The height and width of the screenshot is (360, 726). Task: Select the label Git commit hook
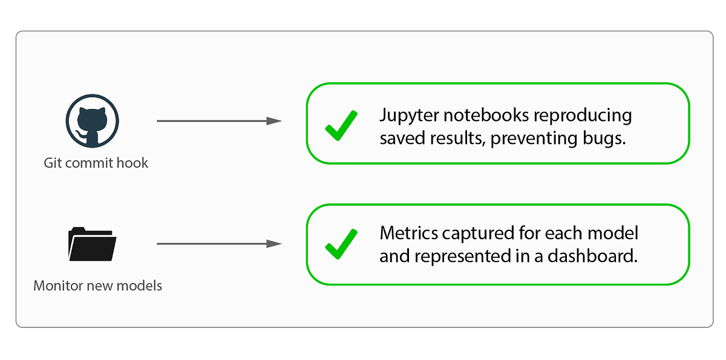(x=96, y=162)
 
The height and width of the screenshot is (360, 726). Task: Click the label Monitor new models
(x=97, y=285)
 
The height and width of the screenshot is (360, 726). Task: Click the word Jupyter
(x=406, y=115)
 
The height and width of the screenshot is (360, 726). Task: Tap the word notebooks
(x=483, y=115)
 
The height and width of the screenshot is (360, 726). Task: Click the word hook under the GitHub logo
(x=134, y=162)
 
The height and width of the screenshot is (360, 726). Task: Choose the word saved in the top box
(x=401, y=139)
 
